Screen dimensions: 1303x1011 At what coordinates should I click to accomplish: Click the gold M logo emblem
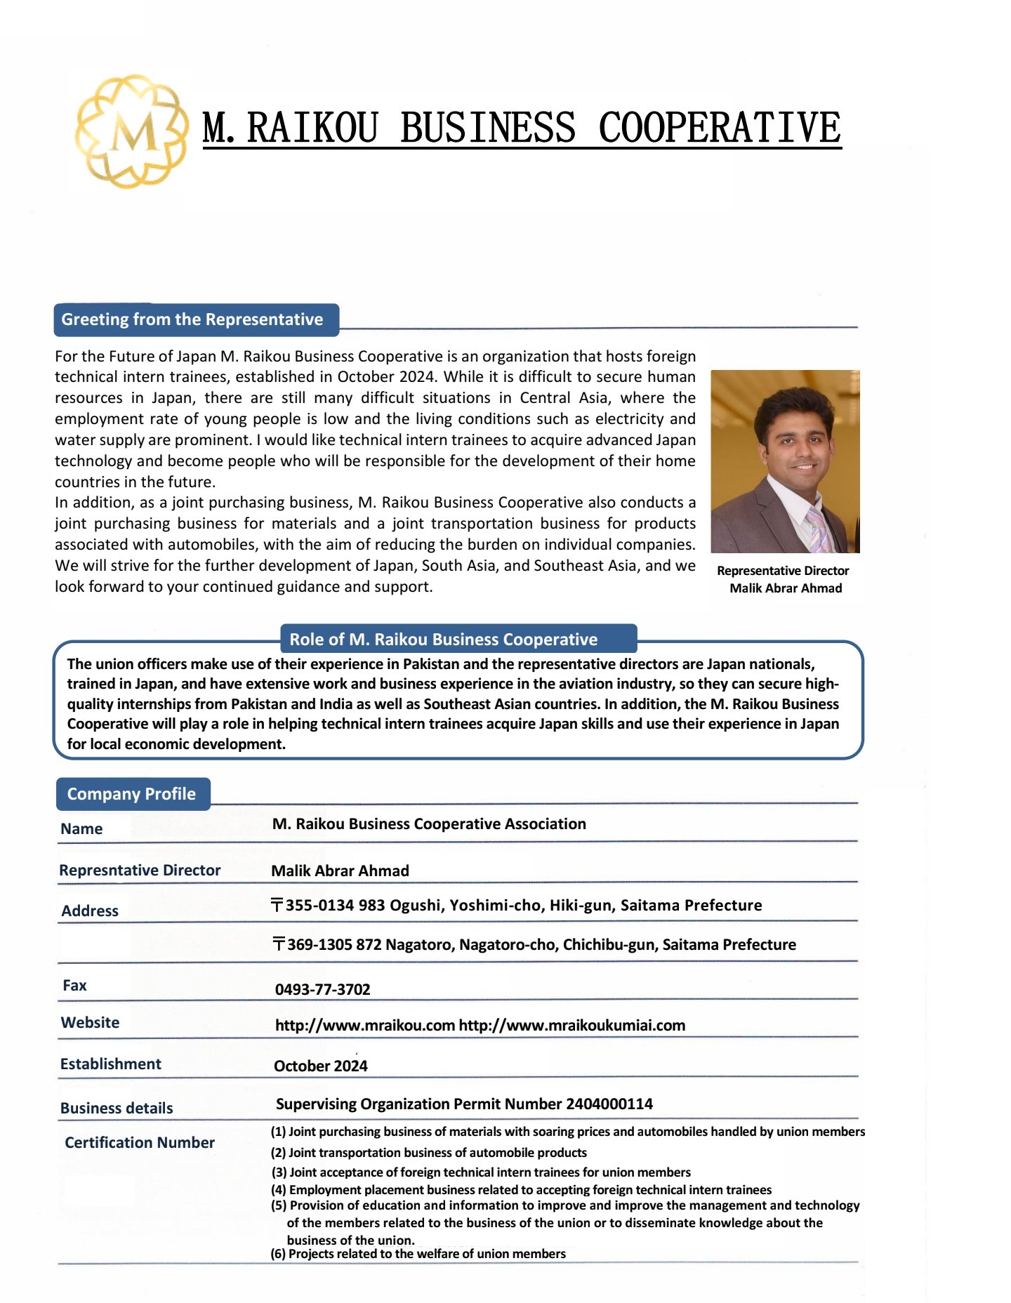(132, 131)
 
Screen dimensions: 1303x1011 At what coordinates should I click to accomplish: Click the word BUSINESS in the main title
(488, 128)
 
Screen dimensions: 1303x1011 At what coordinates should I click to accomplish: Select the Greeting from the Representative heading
(192, 319)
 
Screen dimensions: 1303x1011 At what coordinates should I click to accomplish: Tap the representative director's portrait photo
(785, 461)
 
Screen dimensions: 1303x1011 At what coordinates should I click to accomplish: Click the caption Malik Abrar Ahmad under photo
(785, 588)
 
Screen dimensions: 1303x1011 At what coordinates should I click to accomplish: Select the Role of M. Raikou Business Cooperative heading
(443, 640)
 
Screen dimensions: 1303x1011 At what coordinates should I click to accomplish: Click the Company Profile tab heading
(131, 794)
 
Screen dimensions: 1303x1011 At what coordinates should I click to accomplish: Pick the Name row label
(81, 829)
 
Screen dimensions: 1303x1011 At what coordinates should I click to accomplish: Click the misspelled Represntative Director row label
(140, 871)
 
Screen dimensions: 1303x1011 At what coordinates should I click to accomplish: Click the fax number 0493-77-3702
(322, 990)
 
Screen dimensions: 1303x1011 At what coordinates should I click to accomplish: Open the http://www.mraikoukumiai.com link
(571, 1026)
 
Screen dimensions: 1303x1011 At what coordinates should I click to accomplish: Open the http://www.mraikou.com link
(365, 1026)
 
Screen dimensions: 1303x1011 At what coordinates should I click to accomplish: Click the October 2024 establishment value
(320, 1066)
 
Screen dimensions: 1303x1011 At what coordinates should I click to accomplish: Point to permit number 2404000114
(609, 1104)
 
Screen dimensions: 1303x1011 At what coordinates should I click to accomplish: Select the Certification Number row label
(140, 1143)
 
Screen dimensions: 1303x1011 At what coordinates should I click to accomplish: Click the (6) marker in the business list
(278, 1254)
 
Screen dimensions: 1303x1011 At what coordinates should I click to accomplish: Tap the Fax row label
(74, 986)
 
